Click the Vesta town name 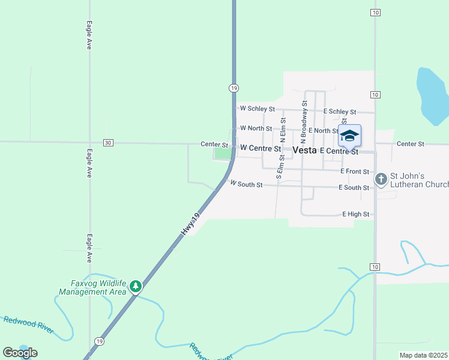click(x=304, y=151)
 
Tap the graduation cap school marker click(x=349, y=136)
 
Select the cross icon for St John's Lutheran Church click(x=381, y=179)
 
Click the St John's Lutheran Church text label click(x=419, y=180)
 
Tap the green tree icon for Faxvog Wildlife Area click(x=136, y=286)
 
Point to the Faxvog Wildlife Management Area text click(x=92, y=287)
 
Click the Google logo click(x=20, y=353)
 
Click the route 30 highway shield click(x=108, y=143)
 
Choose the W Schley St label click(x=257, y=109)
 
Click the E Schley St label click(x=340, y=112)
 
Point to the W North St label click(x=256, y=128)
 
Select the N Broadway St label click(x=304, y=116)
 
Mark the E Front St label click(x=354, y=172)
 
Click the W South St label click(x=246, y=185)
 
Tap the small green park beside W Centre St click(x=223, y=154)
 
